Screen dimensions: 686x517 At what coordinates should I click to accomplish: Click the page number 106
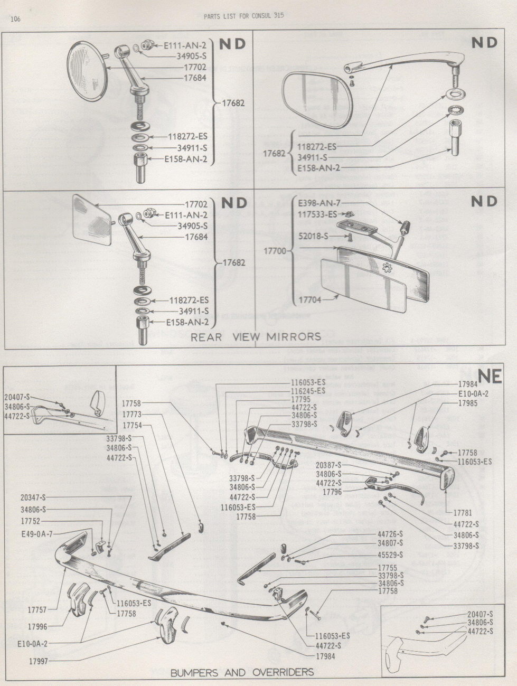15,19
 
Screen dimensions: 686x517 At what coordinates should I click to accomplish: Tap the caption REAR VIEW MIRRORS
256,337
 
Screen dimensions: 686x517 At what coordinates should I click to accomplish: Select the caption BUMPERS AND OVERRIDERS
242,672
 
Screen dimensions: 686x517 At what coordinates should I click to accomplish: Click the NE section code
490,378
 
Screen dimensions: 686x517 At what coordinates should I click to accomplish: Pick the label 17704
311,299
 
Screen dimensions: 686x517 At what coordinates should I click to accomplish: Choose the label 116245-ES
308,391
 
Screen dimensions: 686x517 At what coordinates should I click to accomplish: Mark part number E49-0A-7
37,533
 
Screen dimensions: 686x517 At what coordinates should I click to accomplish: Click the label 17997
40,660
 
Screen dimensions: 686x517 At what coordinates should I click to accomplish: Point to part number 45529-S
390,555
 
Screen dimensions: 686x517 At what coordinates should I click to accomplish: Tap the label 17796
332,492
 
